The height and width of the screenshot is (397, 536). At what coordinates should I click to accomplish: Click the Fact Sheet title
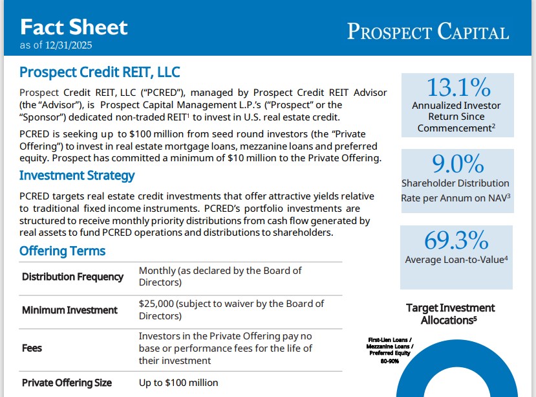coord(74,27)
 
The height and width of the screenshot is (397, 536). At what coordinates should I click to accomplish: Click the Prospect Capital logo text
coord(427,31)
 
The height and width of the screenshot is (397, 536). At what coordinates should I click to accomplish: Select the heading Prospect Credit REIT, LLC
coord(100,72)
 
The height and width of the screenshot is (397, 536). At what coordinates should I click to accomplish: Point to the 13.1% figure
coord(458,87)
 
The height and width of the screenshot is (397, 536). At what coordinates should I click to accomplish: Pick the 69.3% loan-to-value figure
coord(456,240)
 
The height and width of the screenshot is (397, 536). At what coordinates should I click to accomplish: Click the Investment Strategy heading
coord(77,176)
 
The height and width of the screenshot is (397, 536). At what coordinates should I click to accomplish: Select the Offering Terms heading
coord(62,251)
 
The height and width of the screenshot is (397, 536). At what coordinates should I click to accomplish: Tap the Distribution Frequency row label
coord(72,277)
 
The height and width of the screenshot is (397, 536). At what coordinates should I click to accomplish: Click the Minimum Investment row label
coord(70,310)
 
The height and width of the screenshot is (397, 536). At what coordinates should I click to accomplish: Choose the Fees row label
coord(32,348)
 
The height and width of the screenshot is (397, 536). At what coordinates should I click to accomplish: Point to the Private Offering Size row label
coord(67,383)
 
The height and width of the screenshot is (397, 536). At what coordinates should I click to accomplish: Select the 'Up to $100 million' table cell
coord(178,383)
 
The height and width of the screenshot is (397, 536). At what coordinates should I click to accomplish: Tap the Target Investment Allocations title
coord(449,313)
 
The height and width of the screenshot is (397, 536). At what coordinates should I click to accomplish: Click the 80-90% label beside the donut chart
coord(391,361)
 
